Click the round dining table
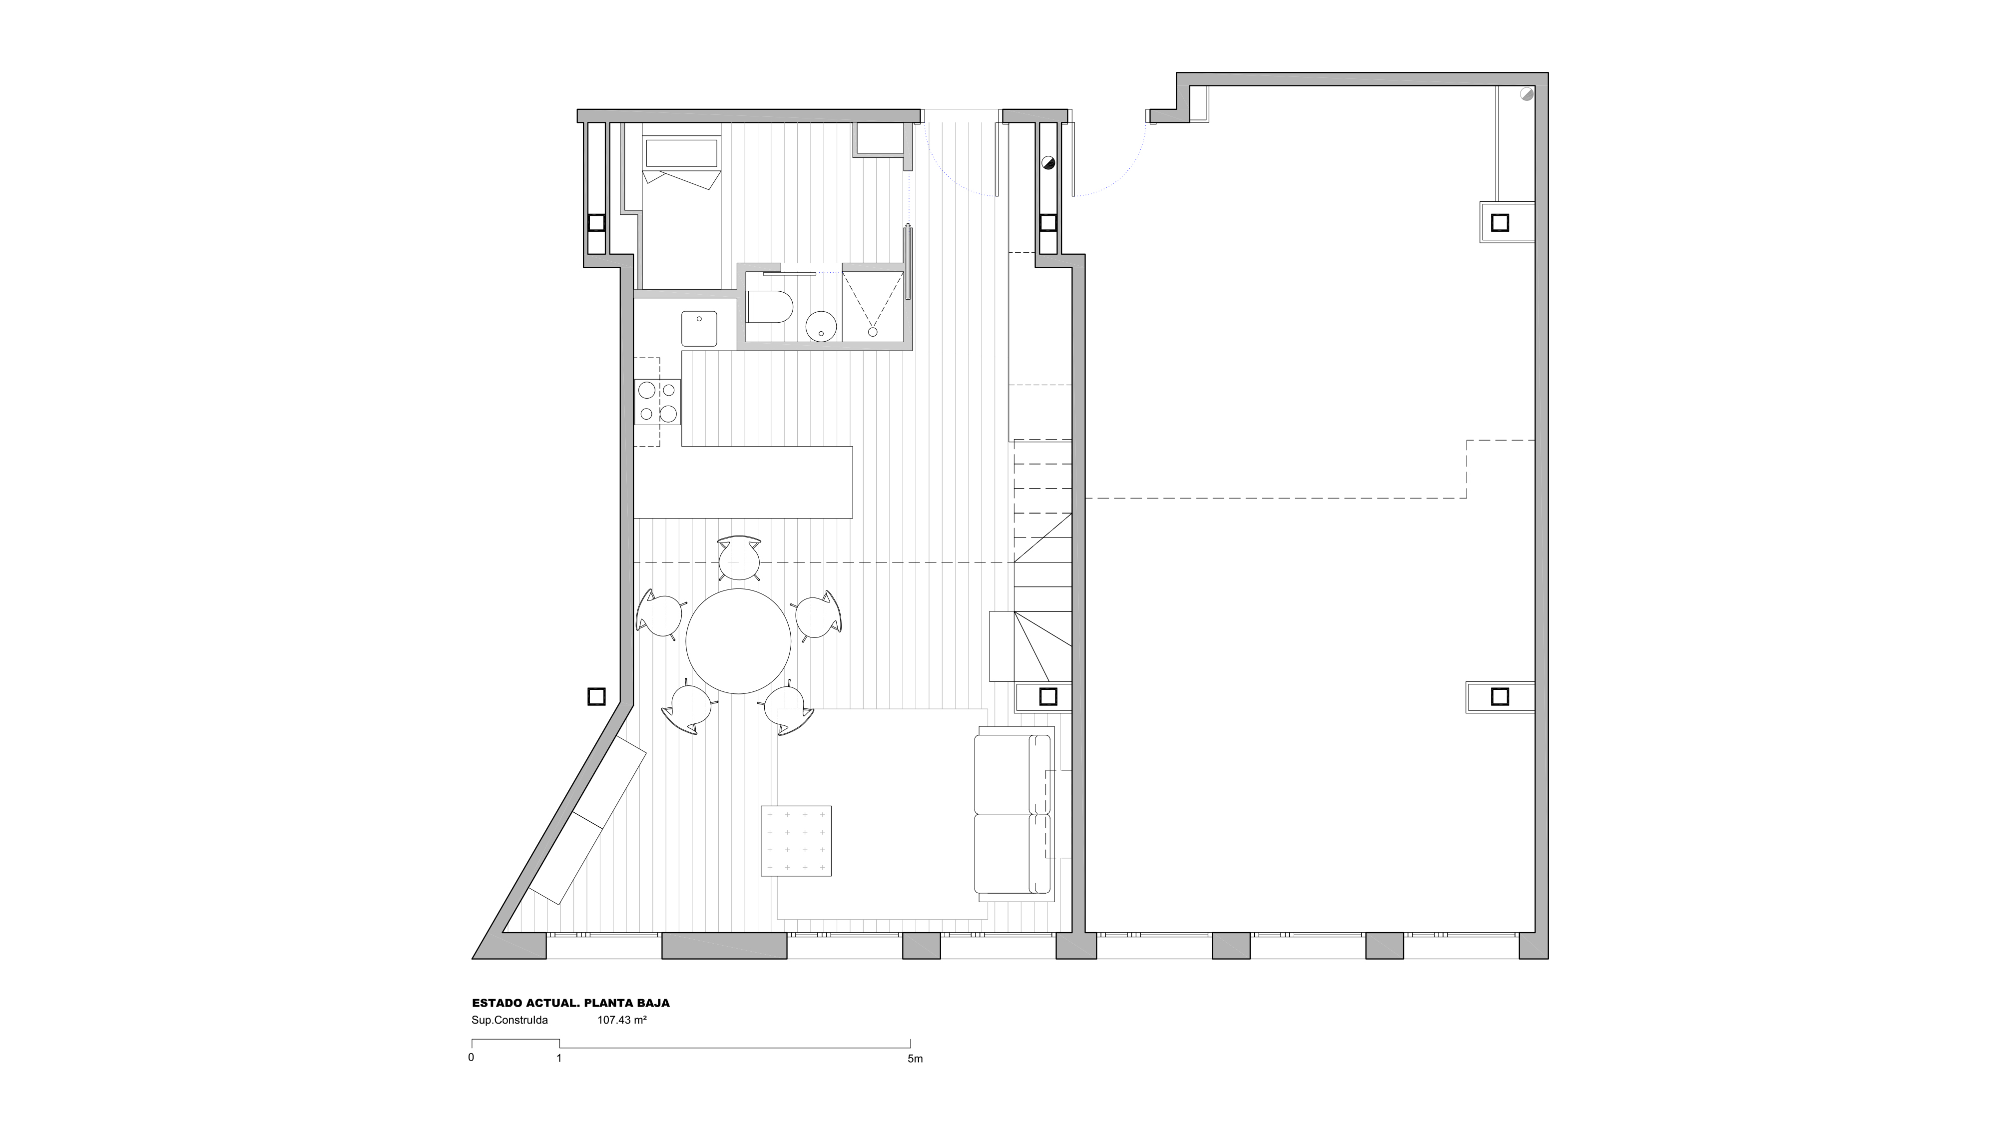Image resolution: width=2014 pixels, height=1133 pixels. pos(739,641)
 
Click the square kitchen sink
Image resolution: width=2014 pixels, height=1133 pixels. pos(699,328)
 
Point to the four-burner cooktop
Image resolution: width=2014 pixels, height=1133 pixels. pos(657,402)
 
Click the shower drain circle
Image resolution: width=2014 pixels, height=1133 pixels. pos(873,332)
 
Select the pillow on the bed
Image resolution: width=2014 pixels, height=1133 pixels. pos(681,154)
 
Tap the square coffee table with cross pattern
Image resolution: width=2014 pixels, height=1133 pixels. pos(796,841)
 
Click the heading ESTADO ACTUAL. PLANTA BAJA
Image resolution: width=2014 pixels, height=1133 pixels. pos(571,1003)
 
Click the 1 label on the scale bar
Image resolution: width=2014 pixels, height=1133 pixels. pos(559,1059)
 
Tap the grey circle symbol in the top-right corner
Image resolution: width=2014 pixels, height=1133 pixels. pos(1526,94)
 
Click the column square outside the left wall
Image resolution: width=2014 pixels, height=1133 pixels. pos(596,696)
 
